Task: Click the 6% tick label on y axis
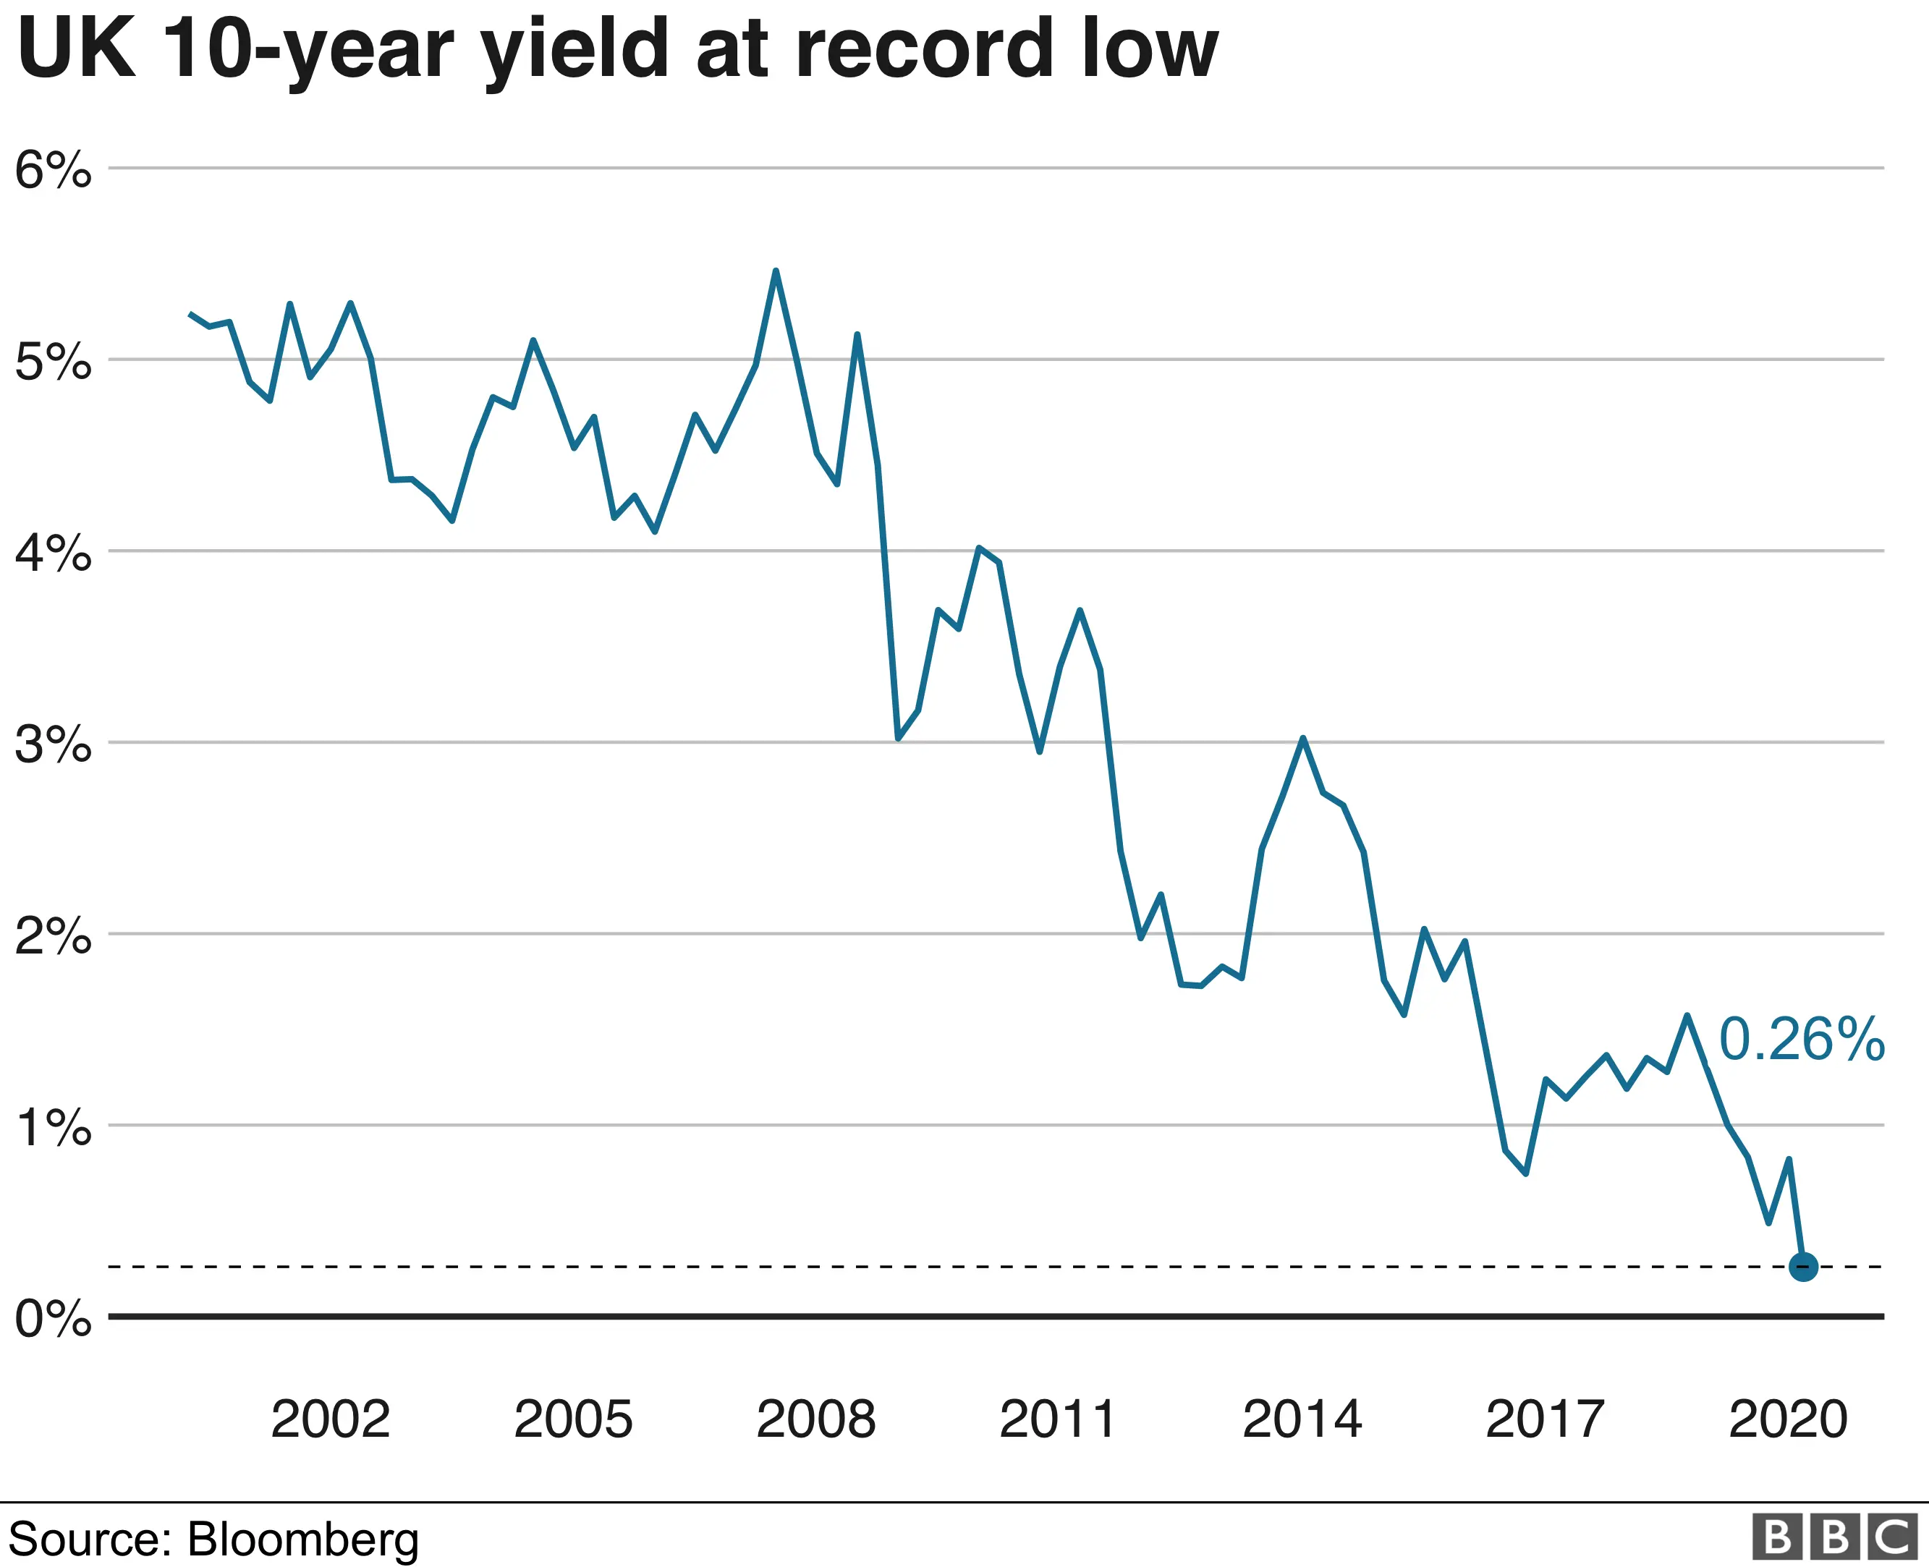click(x=52, y=170)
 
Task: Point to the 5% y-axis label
click(x=52, y=362)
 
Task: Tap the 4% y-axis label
click(x=52, y=553)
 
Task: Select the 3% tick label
click(x=52, y=744)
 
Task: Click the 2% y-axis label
click(x=52, y=936)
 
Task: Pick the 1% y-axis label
click(x=52, y=1127)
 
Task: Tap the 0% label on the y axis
click(x=52, y=1319)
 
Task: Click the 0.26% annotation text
click(x=1801, y=1039)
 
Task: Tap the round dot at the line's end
click(x=1802, y=1267)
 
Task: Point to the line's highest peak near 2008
click(x=776, y=271)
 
